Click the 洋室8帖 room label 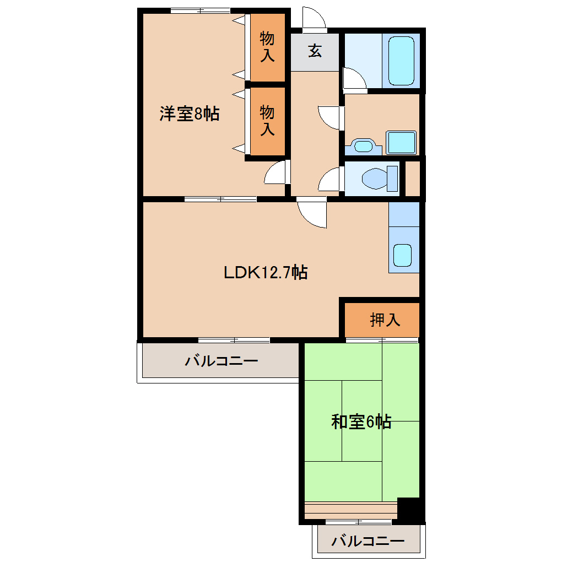(x=190, y=114)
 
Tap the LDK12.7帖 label (x=266, y=272)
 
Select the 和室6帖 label (x=361, y=422)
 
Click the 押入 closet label (x=385, y=320)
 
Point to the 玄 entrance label (x=315, y=51)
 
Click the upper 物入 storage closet (x=267, y=47)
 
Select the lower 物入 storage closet (x=267, y=121)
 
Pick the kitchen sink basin (x=402, y=255)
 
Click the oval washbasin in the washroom (x=363, y=147)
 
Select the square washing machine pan (x=401, y=143)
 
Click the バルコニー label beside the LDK (x=221, y=361)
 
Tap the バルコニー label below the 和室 (x=368, y=541)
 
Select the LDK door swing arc (x=312, y=214)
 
